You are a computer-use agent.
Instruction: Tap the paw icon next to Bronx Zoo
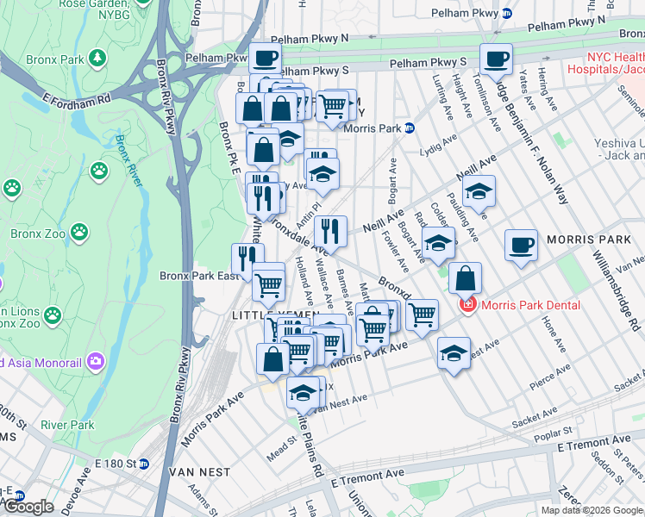pyautogui.click(x=79, y=231)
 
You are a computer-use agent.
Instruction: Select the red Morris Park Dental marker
pyautogui.click(x=468, y=305)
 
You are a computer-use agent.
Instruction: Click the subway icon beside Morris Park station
pyautogui.click(x=409, y=128)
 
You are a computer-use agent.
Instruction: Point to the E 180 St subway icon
pyautogui.click(x=144, y=464)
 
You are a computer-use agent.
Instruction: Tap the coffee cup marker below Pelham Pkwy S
pyautogui.click(x=496, y=59)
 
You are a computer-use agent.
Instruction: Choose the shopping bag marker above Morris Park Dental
pyautogui.click(x=465, y=278)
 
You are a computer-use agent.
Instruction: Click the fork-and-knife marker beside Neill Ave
pyautogui.click(x=329, y=231)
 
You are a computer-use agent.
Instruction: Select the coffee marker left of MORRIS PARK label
pyautogui.click(x=520, y=245)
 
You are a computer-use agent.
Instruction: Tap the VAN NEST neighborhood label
pyautogui.click(x=199, y=472)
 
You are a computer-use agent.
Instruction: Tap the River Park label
pyautogui.click(x=66, y=425)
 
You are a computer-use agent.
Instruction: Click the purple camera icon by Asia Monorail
pyautogui.click(x=96, y=359)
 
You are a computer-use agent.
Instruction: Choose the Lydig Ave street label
pyautogui.click(x=439, y=149)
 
